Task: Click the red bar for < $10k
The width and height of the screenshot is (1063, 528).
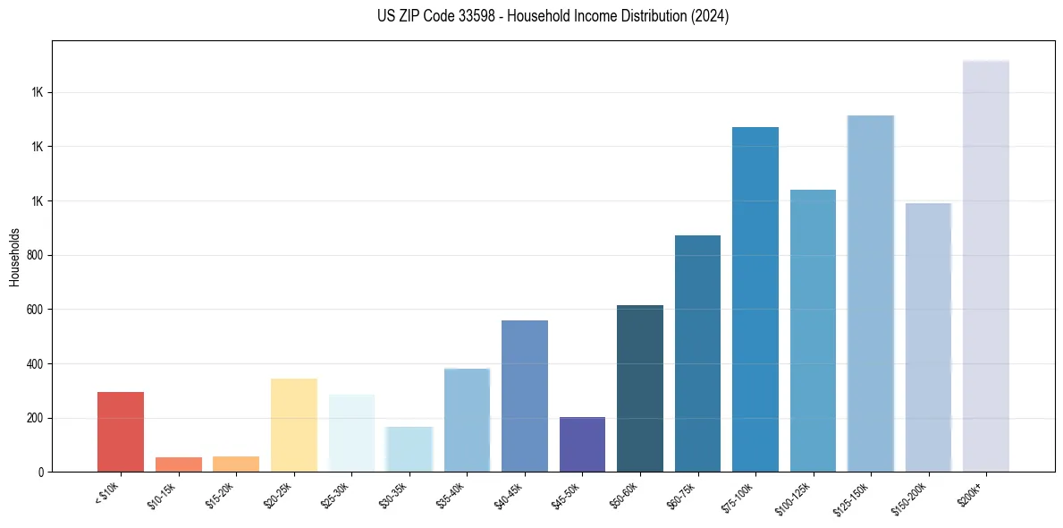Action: coord(121,431)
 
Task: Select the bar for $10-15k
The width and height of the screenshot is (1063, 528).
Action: coord(178,464)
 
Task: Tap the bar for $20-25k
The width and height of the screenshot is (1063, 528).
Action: coord(294,425)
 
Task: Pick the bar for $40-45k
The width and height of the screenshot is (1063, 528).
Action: coord(525,396)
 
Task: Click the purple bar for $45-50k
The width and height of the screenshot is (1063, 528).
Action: coord(582,444)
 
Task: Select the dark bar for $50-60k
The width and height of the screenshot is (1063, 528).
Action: coord(640,388)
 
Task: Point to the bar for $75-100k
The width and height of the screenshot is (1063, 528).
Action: coord(755,299)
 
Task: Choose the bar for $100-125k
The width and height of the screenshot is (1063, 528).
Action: coord(813,330)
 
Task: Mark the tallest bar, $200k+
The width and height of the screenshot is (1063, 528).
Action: coord(986,266)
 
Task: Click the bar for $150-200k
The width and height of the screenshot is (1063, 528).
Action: coord(928,337)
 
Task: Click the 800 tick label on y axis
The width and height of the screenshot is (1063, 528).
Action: coord(32,255)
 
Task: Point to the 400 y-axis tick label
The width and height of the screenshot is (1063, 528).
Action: coord(32,364)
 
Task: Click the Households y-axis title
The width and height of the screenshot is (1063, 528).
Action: coord(14,257)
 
